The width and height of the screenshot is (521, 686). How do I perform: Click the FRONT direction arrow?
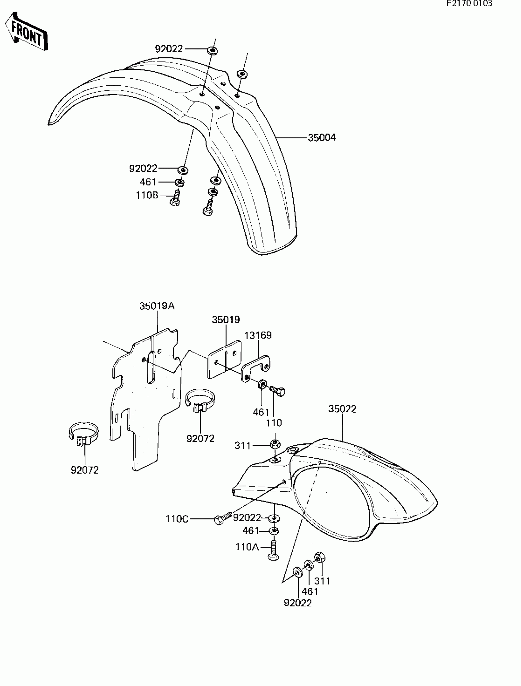[26, 31]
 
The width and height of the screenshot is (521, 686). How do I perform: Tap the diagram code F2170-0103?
[469, 4]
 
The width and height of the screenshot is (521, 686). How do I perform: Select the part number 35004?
[321, 138]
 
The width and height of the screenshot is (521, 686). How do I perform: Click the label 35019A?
[157, 306]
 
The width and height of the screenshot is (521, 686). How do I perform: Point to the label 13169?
[258, 335]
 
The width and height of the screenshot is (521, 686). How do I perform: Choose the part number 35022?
[342, 409]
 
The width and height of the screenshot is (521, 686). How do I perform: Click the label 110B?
[147, 195]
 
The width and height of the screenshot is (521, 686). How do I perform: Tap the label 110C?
[177, 519]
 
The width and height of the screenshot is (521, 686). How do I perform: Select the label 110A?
[247, 546]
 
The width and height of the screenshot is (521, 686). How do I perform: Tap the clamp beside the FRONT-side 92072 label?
[83, 433]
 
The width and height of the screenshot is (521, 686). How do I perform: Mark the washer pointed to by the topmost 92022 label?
[212, 51]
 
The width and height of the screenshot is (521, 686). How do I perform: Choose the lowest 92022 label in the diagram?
[298, 602]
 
